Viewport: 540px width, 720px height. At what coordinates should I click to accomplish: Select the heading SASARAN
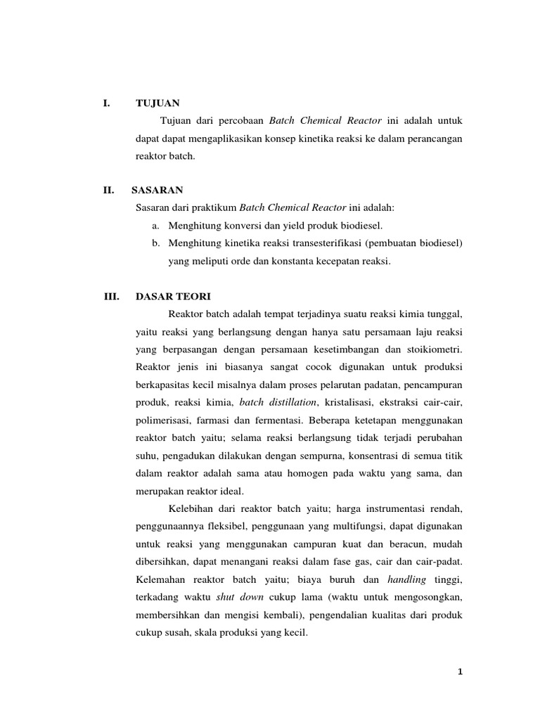(157, 190)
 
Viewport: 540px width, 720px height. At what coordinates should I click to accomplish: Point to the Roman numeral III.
(111, 296)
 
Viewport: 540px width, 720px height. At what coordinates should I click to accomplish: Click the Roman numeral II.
(109, 190)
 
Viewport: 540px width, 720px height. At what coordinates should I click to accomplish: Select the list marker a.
(155, 225)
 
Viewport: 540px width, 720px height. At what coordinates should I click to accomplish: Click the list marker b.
(155, 243)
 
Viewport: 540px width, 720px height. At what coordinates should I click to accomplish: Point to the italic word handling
(406, 579)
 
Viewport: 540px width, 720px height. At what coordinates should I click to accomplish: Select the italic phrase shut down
(240, 597)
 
